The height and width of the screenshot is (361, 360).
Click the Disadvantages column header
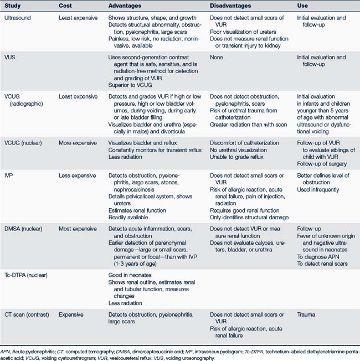point(234,6)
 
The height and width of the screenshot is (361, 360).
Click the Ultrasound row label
point(18,18)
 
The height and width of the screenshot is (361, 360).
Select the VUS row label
point(10,58)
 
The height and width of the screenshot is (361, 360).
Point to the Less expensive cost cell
point(79,176)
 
